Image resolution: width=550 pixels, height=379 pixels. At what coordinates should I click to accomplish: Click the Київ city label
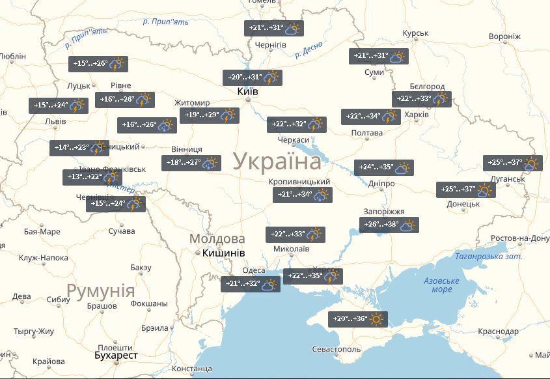click(x=247, y=92)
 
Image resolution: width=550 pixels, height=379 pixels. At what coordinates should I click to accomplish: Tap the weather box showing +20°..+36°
click(x=357, y=319)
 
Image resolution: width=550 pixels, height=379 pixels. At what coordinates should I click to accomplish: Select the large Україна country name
click(x=277, y=161)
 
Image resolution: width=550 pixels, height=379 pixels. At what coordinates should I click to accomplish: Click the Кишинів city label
click(x=223, y=253)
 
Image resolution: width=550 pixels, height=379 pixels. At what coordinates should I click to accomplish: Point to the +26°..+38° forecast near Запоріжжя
click(x=389, y=225)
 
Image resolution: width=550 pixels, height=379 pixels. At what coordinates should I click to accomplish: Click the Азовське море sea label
click(x=441, y=285)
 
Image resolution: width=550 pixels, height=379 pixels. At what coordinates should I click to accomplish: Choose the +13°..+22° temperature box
click(x=92, y=177)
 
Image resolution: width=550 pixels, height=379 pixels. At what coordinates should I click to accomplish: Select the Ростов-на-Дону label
click(x=520, y=239)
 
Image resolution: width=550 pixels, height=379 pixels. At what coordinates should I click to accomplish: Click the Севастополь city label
click(x=336, y=350)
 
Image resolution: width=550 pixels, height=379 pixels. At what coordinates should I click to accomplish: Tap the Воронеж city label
click(x=504, y=36)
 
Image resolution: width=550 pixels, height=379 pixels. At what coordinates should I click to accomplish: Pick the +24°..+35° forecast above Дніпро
click(x=383, y=167)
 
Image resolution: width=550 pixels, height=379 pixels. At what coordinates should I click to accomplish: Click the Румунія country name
click(x=101, y=290)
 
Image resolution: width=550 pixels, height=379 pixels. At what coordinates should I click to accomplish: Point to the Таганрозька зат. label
click(x=489, y=257)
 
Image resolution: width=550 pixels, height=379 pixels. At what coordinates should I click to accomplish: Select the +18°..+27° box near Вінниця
click(x=191, y=163)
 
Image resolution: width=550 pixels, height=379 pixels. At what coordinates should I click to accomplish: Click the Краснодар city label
click(x=498, y=331)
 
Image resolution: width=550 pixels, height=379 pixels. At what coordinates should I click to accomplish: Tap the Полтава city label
click(x=366, y=133)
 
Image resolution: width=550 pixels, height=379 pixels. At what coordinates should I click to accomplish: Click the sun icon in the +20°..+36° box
click(x=378, y=319)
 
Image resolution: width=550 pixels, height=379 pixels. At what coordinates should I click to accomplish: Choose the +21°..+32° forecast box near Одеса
click(x=250, y=284)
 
